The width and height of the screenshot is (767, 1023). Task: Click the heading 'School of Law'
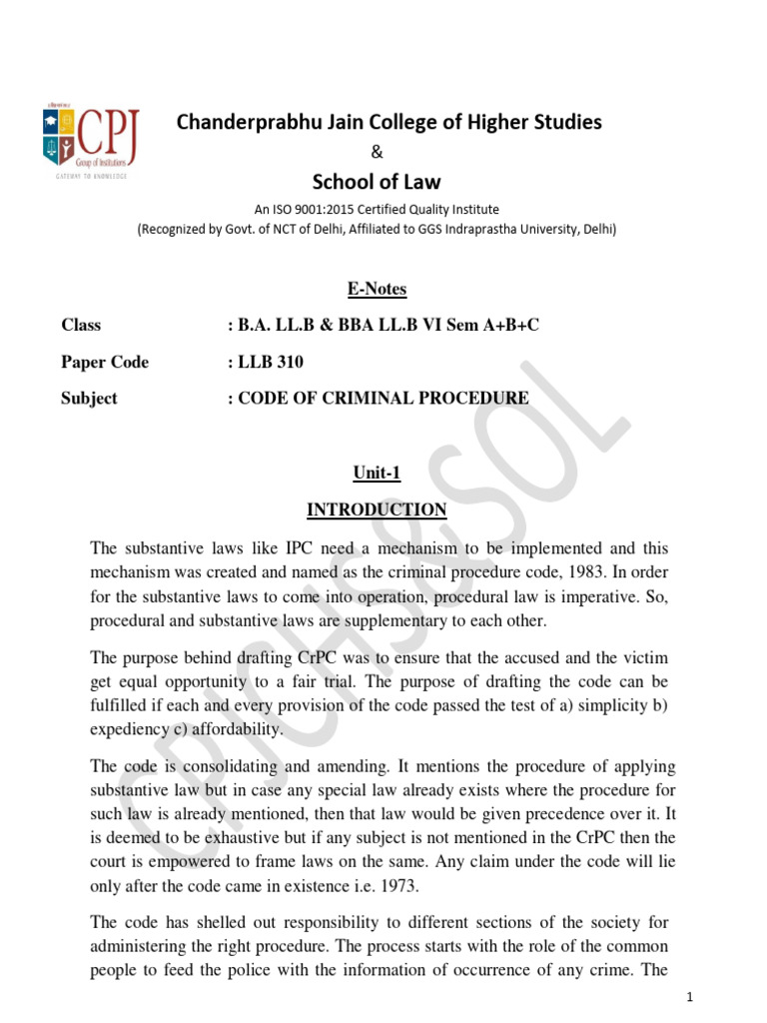click(377, 181)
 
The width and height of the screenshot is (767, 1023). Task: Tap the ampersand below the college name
click(377, 152)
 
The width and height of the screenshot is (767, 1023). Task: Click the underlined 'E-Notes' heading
click(377, 290)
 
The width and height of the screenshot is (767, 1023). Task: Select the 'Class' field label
click(81, 326)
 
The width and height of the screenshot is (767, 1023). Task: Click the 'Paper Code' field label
click(105, 362)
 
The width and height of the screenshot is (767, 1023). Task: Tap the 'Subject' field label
click(89, 398)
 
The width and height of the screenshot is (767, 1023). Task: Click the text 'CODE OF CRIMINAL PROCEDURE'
click(383, 398)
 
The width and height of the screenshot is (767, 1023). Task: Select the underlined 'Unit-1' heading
click(377, 474)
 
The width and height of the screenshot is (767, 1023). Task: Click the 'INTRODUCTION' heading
click(377, 510)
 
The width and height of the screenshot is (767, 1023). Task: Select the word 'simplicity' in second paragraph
click(602, 705)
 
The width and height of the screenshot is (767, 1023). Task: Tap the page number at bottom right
click(690, 998)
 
